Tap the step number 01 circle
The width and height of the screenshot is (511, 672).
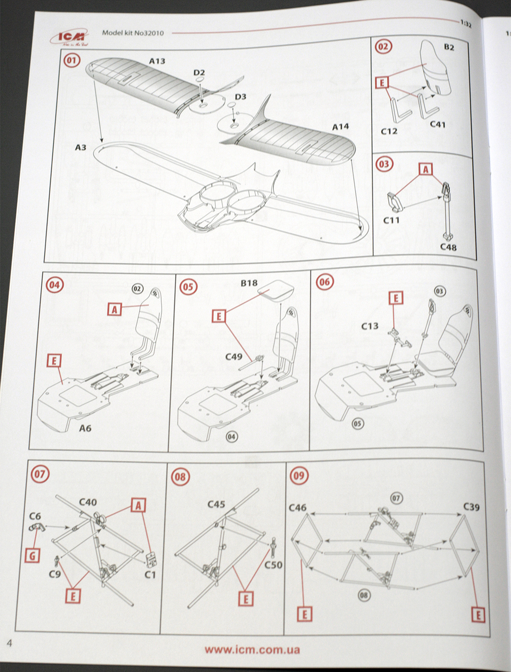click(x=72, y=60)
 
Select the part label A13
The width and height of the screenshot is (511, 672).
click(x=157, y=61)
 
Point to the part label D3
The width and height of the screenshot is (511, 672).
click(x=240, y=96)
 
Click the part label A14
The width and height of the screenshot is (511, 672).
click(x=340, y=127)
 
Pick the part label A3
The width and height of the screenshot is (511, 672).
click(x=80, y=147)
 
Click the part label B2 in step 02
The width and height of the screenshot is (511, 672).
click(x=449, y=47)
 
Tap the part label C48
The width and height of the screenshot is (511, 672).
click(x=448, y=247)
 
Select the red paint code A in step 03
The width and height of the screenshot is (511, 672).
click(x=425, y=169)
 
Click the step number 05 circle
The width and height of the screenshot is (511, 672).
click(x=188, y=287)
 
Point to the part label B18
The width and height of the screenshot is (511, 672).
click(x=249, y=283)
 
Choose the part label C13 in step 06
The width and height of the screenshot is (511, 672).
click(x=369, y=326)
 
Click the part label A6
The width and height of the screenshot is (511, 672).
click(x=85, y=428)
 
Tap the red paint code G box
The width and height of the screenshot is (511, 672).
click(x=33, y=556)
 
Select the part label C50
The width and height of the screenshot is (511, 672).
click(x=273, y=565)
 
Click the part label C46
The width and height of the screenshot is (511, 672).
click(x=297, y=507)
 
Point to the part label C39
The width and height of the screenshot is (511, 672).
click(x=471, y=507)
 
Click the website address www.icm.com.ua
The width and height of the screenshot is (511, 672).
click(x=252, y=650)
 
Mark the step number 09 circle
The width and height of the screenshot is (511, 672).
click(x=298, y=476)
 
